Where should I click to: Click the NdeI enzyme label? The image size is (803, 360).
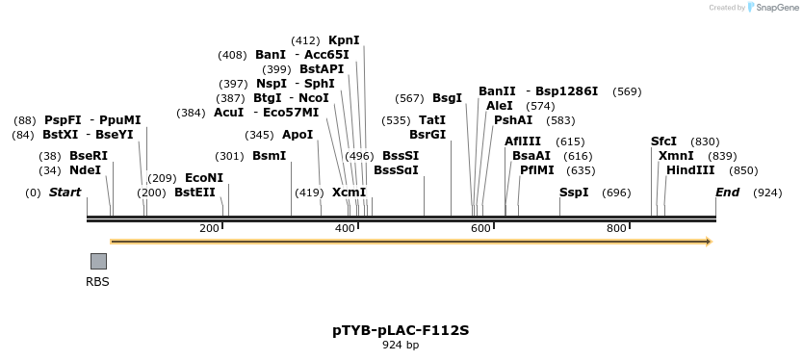point(85,170)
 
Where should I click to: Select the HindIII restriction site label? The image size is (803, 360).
point(690,170)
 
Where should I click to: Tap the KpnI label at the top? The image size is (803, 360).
point(344,40)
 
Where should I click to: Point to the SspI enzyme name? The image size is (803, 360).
point(574,193)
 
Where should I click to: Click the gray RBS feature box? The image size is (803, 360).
point(98,261)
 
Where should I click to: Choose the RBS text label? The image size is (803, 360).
point(98,282)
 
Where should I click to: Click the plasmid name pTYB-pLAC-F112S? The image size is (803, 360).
point(401,330)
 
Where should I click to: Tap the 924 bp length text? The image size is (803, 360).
point(401,345)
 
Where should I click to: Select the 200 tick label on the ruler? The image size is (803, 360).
point(209,228)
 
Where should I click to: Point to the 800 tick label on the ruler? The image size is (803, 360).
point(616,228)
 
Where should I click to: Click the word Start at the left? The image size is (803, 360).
point(65,193)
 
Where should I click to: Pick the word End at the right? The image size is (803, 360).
point(727,193)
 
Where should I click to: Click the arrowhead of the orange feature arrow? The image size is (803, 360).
point(709,242)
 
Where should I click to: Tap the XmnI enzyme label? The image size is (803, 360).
point(676,156)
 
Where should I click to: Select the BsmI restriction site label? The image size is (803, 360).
point(270,156)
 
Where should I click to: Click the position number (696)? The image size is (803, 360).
point(616,193)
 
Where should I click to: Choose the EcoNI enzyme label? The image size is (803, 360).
point(204,178)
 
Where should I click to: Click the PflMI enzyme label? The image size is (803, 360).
point(537,170)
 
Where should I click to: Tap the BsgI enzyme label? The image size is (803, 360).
point(447,98)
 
